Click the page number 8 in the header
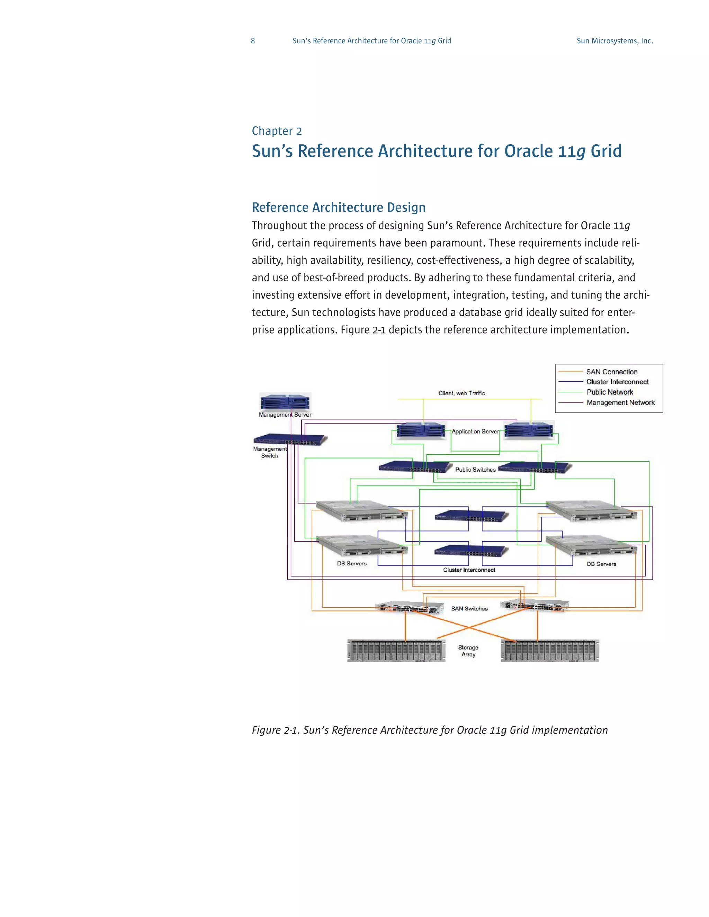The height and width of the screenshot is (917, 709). click(253, 41)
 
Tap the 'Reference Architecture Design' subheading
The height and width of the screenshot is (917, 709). click(339, 207)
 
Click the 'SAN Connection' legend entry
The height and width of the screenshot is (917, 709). click(612, 372)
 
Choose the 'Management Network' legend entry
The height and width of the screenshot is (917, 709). click(620, 402)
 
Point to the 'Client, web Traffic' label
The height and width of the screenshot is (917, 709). click(461, 393)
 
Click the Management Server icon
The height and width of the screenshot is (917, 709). click(285, 401)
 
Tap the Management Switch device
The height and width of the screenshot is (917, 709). click(290, 439)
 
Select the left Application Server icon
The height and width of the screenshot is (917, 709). click(421, 430)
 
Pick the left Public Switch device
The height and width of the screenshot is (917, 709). click(414, 467)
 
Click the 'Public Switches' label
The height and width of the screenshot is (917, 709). click(475, 470)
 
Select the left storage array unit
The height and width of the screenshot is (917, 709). click(396, 651)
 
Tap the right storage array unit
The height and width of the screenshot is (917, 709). click(550, 651)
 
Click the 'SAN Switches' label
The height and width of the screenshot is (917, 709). click(469, 608)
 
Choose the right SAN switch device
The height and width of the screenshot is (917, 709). click(534, 605)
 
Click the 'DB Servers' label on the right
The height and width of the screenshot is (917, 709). click(601, 564)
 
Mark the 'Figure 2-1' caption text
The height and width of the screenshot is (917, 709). click(429, 730)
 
